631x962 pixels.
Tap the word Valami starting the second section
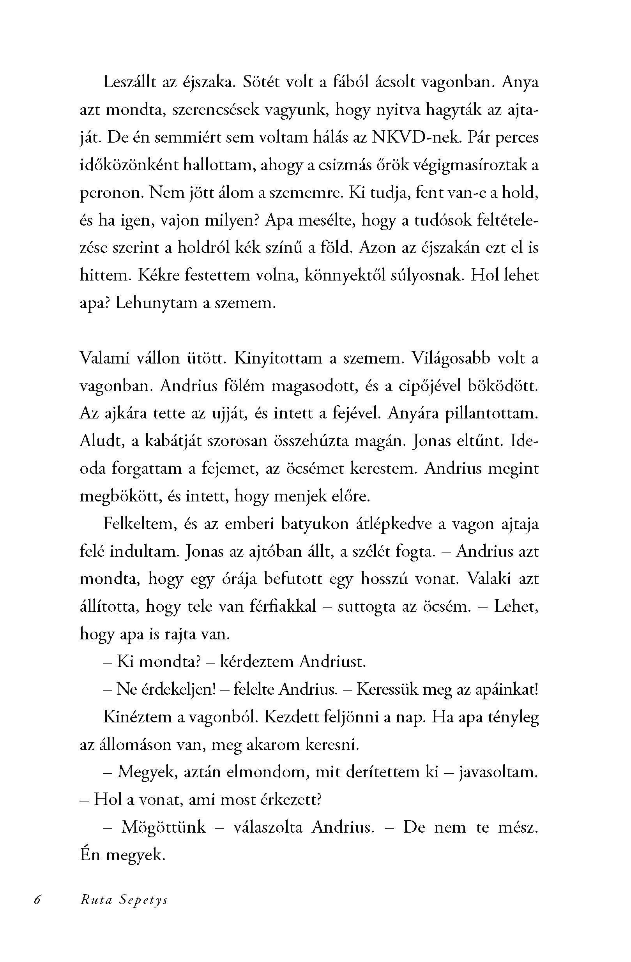(104, 358)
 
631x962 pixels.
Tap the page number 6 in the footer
(37, 900)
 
